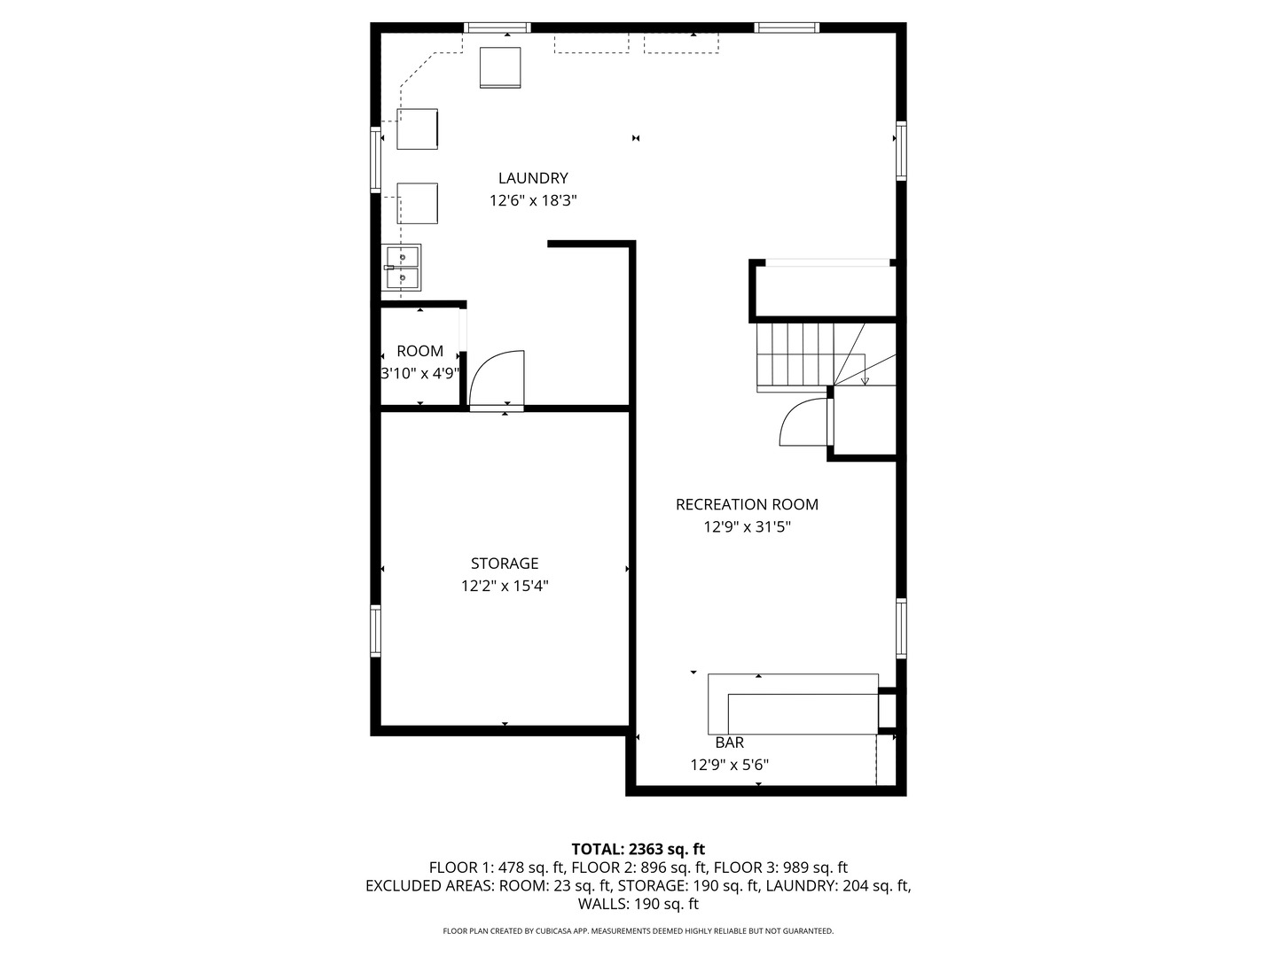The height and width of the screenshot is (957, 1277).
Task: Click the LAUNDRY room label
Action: click(x=533, y=178)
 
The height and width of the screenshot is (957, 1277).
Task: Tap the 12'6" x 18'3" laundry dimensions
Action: click(x=533, y=201)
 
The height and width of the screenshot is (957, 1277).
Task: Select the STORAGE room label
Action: click(x=505, y=564)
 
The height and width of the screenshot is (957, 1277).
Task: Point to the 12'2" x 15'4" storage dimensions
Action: click(x=505, y=586)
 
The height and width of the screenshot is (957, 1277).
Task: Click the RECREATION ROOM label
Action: click(x=747, y=504)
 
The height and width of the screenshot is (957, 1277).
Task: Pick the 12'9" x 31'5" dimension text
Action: click(x=747, y=527)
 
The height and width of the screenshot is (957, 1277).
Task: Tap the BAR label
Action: click(x=729, y=743)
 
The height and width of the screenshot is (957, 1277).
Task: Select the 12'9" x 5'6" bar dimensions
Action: click(x=729, y=765)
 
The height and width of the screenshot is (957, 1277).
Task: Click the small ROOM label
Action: click(x=419, y=351)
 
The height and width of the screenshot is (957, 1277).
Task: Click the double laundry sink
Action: click(x=402, y=268)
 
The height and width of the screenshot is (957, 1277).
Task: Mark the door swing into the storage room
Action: click(x=497, y=379)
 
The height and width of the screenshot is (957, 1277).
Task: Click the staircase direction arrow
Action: click(x=866, y=380)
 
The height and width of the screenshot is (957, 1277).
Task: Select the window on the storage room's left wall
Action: click(x=376, y=631)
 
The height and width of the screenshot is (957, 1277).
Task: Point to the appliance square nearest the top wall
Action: click(x=500, y=67)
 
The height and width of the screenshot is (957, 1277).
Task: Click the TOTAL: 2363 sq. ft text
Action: click(x=638, y=849)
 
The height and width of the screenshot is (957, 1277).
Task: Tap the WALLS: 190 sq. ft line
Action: click(x=638, y=904)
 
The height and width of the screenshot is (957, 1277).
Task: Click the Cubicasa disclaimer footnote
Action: click(x=638, y=931)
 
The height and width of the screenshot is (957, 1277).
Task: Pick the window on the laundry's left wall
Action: click(x=376, y=159)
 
